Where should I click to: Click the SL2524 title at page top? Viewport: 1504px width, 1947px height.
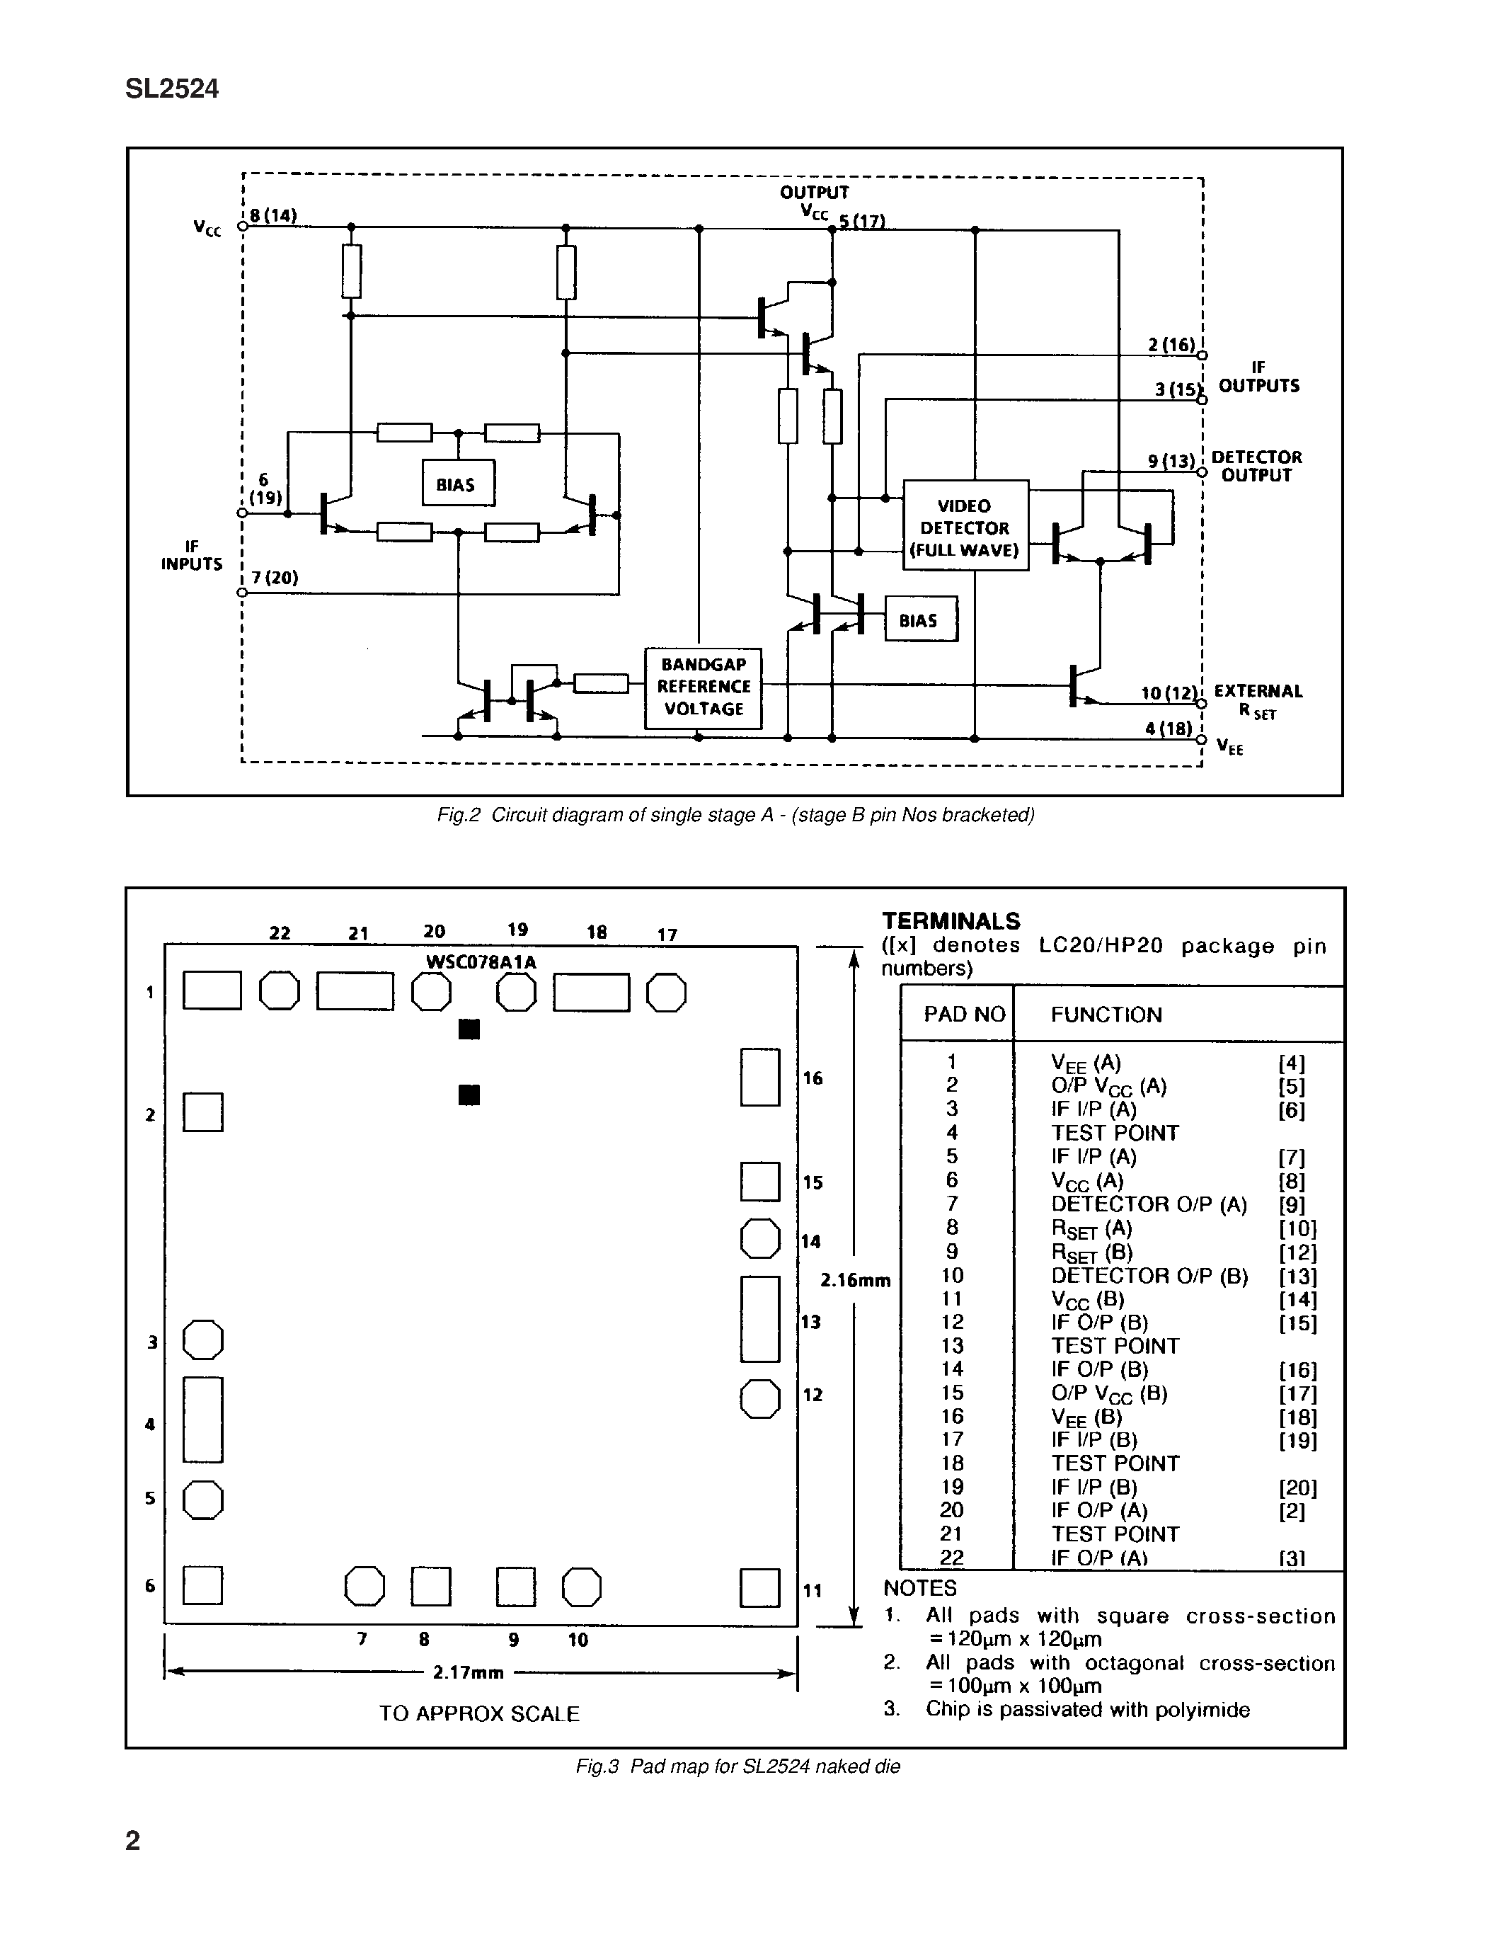pos(172,89)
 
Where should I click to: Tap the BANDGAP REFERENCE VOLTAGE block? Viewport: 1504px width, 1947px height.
pos(702,687)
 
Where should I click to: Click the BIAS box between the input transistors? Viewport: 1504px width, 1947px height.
pos(457,484)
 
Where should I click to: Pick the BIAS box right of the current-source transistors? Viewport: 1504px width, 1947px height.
pos(919,619)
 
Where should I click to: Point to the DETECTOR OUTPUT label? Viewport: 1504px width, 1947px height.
pos(1256,467)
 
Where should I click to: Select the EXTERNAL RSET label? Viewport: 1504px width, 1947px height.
pos(1257,701)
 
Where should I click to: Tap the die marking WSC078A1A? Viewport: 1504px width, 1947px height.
pos(481,962)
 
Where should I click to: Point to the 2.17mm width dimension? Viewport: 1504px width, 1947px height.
pos(469,1673)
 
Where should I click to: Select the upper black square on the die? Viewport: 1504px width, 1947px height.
pos(469,1029)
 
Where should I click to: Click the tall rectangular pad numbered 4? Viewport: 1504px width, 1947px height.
pos(202,1420)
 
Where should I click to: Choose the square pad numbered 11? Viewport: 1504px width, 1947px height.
pos(759,1588)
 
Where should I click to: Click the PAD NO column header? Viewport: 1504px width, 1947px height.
pos(963,1015)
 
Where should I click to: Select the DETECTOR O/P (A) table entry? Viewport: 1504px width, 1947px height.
pos(1147,1204)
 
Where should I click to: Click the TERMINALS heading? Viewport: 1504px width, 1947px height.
pos(951,921)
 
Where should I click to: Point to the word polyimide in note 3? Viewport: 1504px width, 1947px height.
pos(1202,1710)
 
